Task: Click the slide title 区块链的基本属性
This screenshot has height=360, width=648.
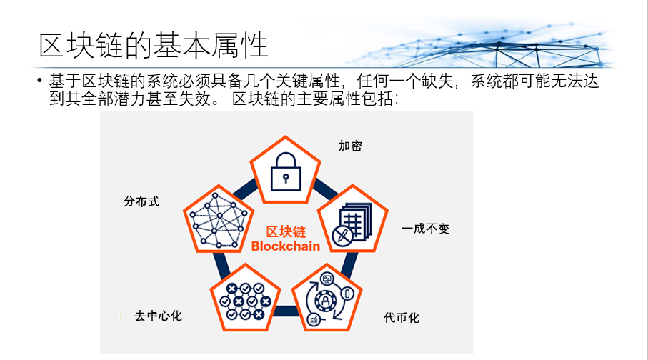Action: (x=154, y=45)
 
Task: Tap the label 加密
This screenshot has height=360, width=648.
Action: (x=350, y=146)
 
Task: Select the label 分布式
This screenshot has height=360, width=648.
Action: (x=141, y=201)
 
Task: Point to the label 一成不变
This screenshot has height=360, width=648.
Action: (x=425, y=229)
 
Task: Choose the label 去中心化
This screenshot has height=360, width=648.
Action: (x=159, y=316)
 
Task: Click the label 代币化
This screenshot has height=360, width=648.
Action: (x=402, y=317)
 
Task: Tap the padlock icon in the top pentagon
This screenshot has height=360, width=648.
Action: (x=286, y=171)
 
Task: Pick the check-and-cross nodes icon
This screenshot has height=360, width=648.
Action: (x=246, y=301)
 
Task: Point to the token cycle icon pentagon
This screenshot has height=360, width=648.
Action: (x=327, y=298)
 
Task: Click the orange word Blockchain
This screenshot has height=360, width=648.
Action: (x=286, y=246)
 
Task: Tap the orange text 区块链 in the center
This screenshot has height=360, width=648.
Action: (x=286, y=232)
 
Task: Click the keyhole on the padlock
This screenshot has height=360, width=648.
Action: (x=286, y=178)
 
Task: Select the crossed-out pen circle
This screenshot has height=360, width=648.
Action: (x=343, y=236)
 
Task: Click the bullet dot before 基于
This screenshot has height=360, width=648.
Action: (x=40, y=80)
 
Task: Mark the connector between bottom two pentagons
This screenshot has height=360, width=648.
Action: (x=286, y=311)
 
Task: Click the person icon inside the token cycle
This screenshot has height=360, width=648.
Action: (x=325, y=300)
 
